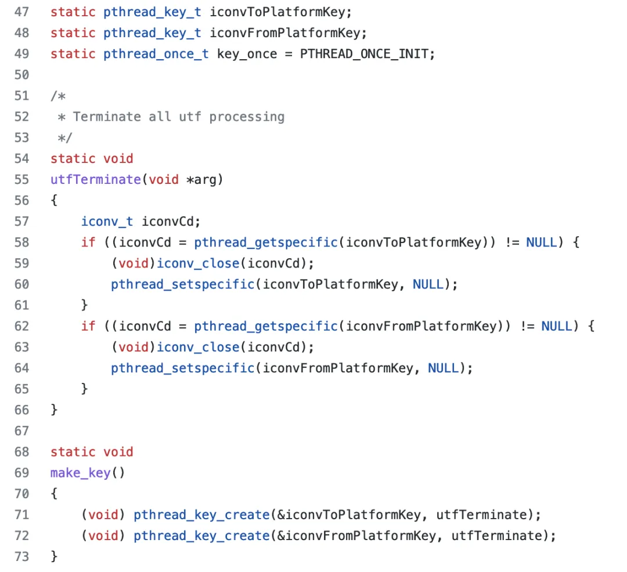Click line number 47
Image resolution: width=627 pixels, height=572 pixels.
(21, 12)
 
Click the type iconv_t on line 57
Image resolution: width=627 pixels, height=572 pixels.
(107, 221)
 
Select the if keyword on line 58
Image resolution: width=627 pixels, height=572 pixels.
(88, 242)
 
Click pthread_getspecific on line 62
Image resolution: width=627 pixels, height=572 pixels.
(266, 326)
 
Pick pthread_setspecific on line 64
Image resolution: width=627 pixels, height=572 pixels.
(182, 368)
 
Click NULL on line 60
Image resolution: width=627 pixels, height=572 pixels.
(428, 284)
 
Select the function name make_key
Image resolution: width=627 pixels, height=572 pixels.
(80, 473)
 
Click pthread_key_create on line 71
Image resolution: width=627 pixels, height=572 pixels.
(201, 515)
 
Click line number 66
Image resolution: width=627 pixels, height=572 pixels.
(21, 410)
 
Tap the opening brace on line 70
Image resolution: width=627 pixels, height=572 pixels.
(54, 494)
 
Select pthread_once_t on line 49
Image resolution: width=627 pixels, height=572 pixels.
(156, 54)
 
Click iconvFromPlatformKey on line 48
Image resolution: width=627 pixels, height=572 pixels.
(289, 33)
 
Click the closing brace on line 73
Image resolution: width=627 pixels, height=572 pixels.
(54, 556)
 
